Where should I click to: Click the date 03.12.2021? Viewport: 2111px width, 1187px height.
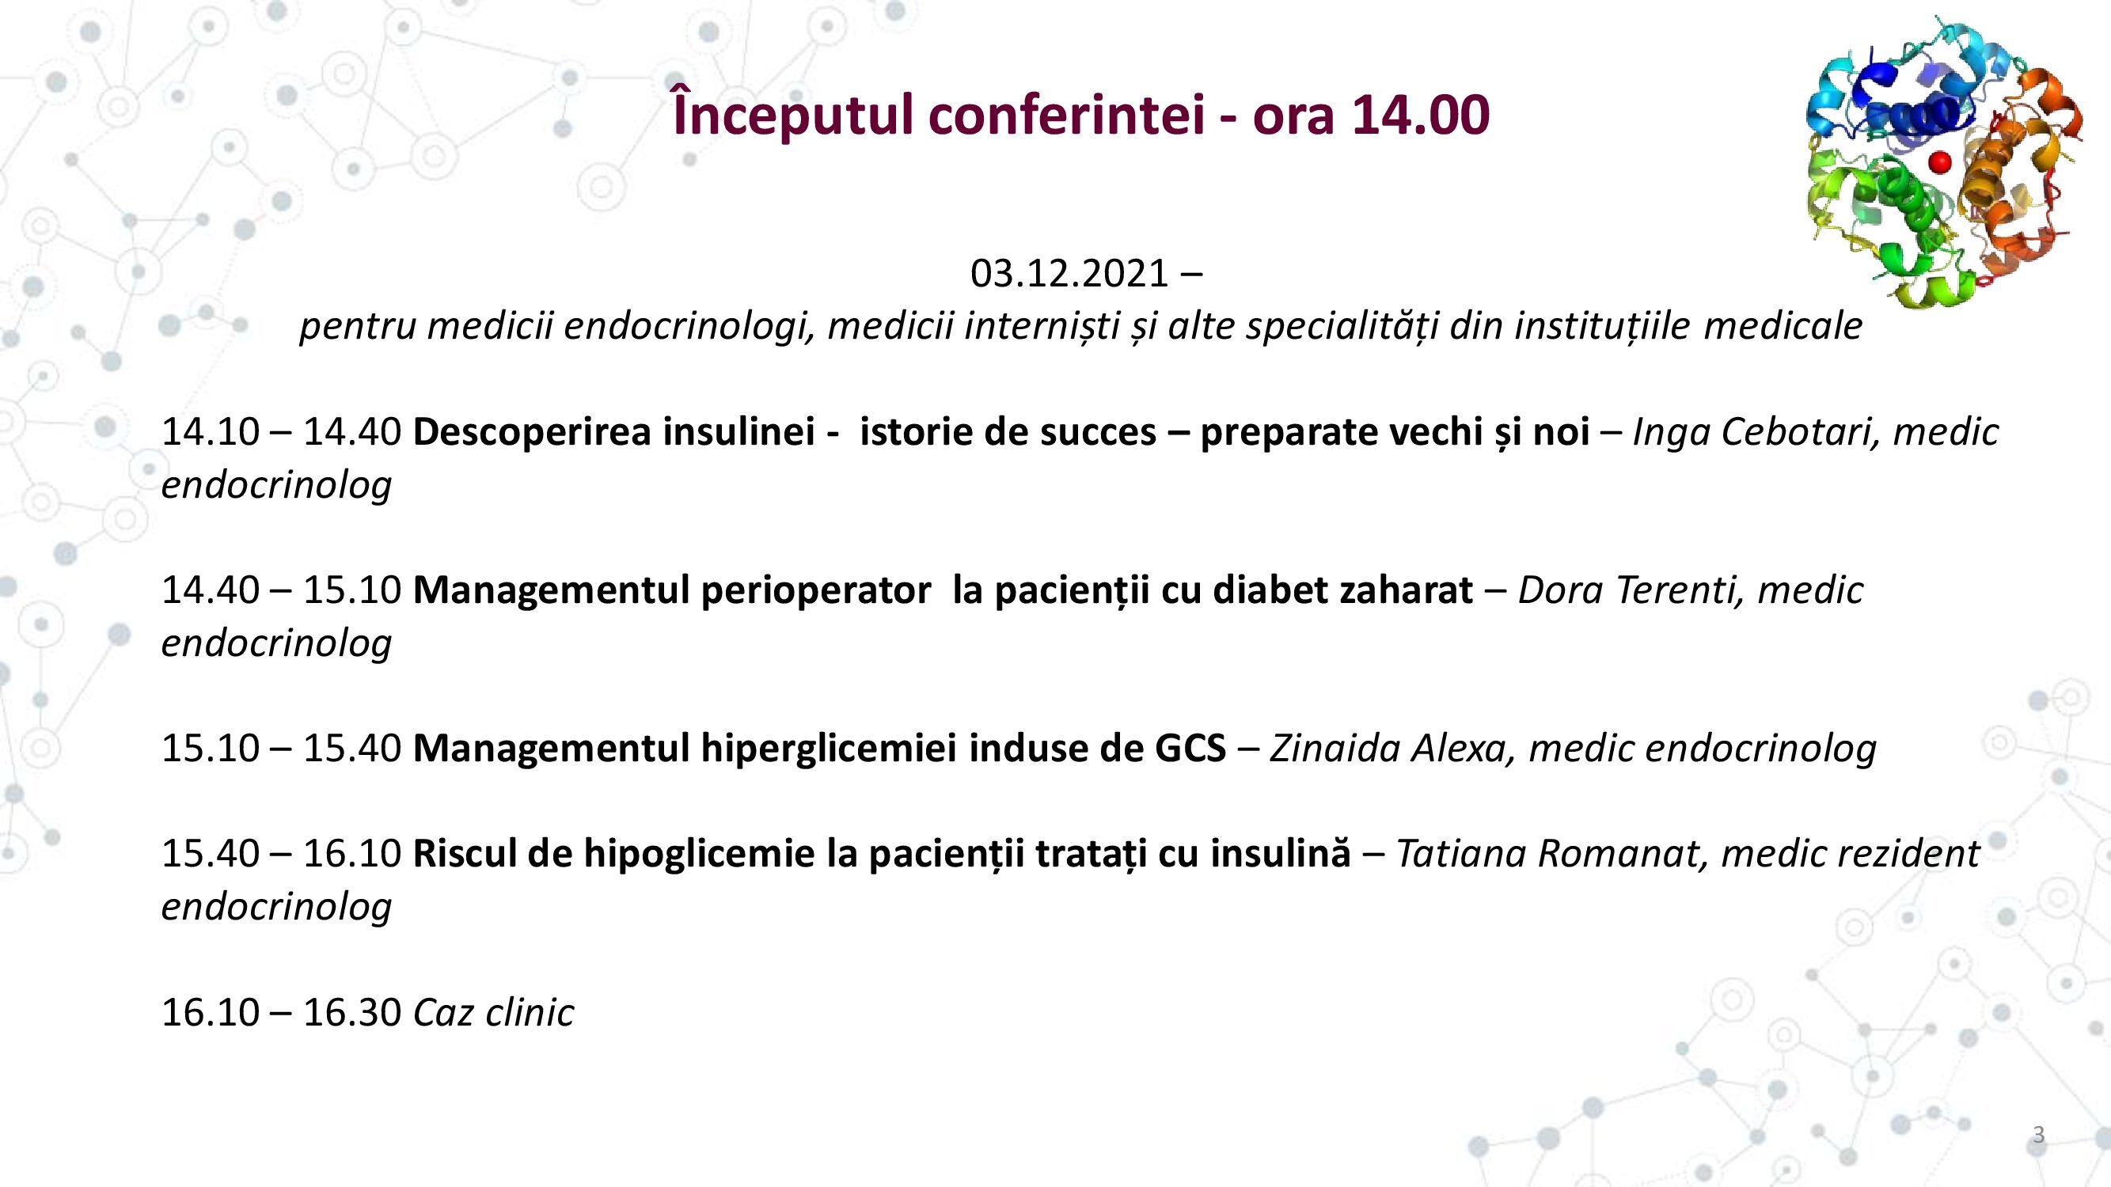(1069, 273)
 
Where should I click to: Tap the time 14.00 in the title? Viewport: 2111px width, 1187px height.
(1420, 115)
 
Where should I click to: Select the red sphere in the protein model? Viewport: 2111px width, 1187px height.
(1940, 161)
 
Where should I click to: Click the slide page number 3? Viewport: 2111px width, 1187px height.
(2039, 1135)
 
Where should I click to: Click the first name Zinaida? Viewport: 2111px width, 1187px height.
(1335, 748)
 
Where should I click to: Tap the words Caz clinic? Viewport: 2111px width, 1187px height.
(493, 1013)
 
